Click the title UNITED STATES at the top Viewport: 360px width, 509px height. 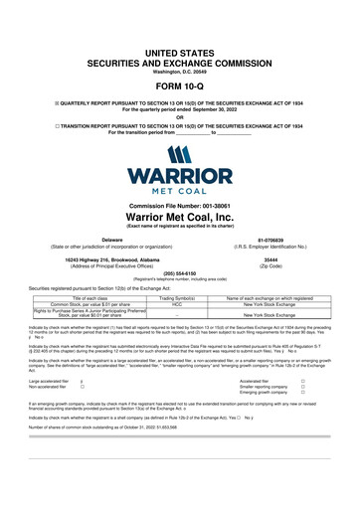[180, 22]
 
